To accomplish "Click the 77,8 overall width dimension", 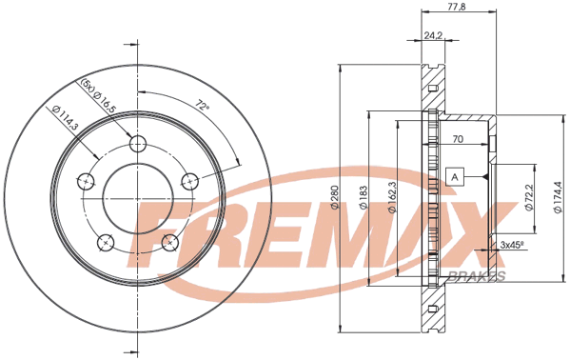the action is click(458, 6).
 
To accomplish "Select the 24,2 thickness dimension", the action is click(433, 34).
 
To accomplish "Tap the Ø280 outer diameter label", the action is click(334, 197).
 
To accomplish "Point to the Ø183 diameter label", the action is click(364, 198).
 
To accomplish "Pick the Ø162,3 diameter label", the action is click(391, 197).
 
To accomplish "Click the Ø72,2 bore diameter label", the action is click(529, 197).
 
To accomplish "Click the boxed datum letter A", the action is click(455, 177).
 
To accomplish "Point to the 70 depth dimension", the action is click(458, 139).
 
